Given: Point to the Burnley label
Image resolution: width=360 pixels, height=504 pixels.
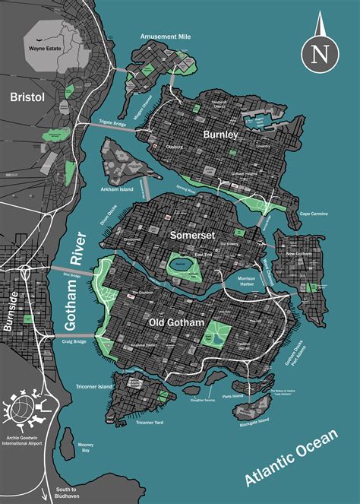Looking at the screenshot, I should (220, 134).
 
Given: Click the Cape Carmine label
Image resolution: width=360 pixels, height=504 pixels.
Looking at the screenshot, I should (313, 214).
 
